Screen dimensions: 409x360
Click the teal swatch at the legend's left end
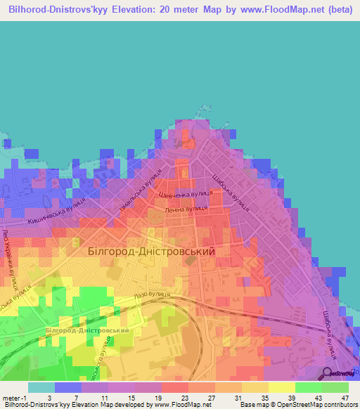[41, 387]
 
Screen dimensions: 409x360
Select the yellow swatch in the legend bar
[281, 387]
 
